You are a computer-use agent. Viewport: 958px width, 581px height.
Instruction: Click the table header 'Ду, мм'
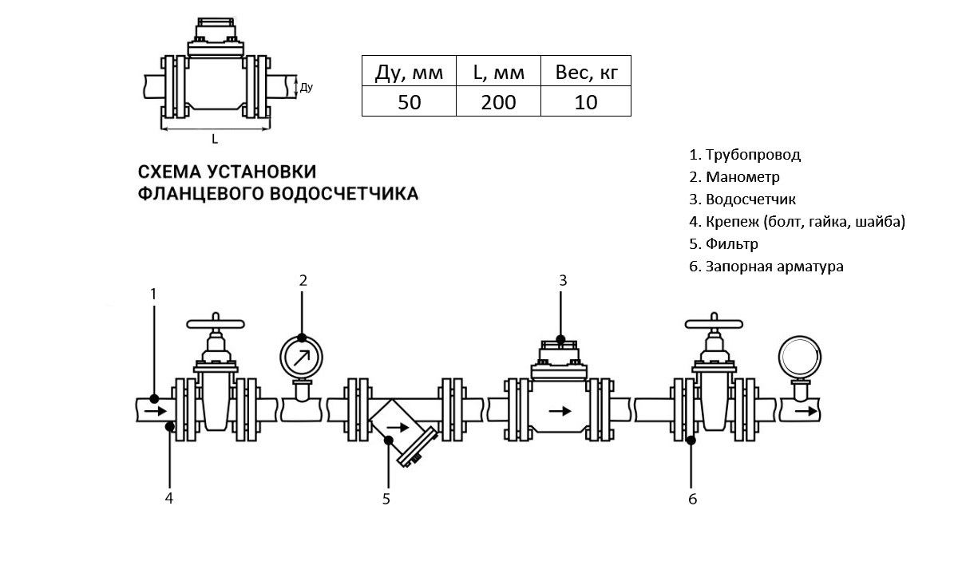pos(408,73)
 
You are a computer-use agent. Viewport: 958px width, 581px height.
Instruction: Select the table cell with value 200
pos(497,101)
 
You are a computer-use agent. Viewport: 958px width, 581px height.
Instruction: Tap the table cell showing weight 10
pos(585,101)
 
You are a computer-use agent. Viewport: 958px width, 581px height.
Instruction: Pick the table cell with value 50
pos(408,101)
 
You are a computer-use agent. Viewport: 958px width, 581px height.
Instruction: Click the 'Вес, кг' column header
pos(585,73)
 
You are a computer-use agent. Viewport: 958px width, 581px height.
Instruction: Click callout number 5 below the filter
pos(386,500)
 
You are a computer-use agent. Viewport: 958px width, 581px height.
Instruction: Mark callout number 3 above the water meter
pos(562,280)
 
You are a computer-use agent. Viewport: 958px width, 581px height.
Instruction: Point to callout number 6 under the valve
pos(692,500)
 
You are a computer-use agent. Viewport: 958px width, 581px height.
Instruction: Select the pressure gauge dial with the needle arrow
pos(302,356)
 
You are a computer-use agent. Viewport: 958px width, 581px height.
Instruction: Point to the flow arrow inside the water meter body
pos(561,411)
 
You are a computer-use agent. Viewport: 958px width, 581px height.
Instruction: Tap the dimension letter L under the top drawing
pos(215,139)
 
